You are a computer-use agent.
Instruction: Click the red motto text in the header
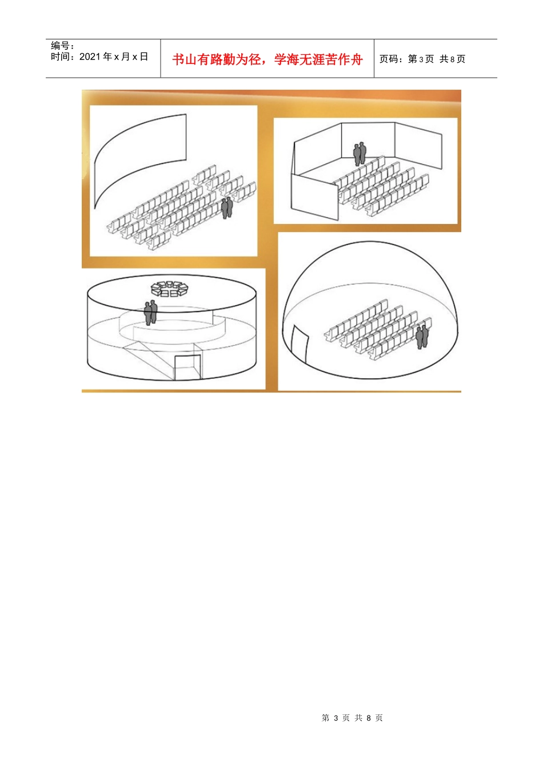click(x=267, y=59)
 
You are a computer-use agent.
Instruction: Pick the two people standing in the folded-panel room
click(x=360, y=154)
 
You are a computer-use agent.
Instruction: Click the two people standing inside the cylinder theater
click(x=150, y=313)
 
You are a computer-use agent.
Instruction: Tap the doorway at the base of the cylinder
click(x=187, y=367)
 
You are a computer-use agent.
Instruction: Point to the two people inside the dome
click(x=422, y=337)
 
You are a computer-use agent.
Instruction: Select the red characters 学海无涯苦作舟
click(x=319, y=59)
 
